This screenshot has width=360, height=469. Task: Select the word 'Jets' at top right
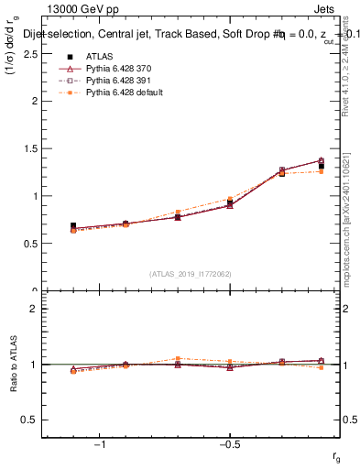tap(328, 9)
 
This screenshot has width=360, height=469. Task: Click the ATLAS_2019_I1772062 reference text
tap(191, 273)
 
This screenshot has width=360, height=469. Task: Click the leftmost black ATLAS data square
tap(73, 225)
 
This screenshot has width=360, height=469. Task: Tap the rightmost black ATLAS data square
tap(322, 166)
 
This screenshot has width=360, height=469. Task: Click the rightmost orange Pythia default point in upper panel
tap(322, 171)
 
